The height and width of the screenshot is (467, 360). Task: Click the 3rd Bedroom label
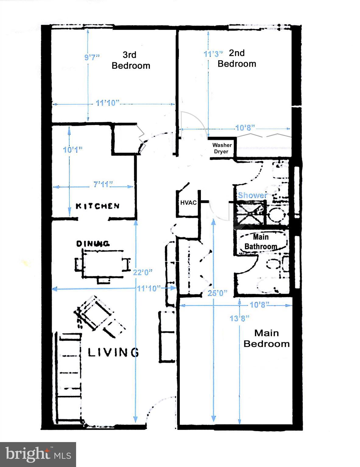(x=131, y=60)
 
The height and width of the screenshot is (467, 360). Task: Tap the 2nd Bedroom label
(x=237, y=58)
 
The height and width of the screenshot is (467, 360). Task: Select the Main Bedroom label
(x=266, y=338)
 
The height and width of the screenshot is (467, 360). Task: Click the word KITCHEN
(x=97, y=206)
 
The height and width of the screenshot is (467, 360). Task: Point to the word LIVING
(x=114, y=352)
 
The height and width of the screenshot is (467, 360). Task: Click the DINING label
(x=93, y=244)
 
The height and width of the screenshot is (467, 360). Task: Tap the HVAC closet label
(x=188, y=202)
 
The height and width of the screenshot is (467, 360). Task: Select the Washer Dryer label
(x=222, y=148)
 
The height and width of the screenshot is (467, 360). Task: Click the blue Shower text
(x=253, y=195)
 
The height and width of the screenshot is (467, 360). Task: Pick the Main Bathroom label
(x=261, y=242)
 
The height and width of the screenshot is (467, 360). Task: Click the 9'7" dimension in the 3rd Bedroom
(x=92, y=57)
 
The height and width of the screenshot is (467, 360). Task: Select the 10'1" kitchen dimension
(x=73, y=150)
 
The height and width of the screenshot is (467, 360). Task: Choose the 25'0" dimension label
(x=217, y=293)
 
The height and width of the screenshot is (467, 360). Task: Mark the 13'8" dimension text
(x=239, y=318)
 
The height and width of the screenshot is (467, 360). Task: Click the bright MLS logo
(x=38, y=454)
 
